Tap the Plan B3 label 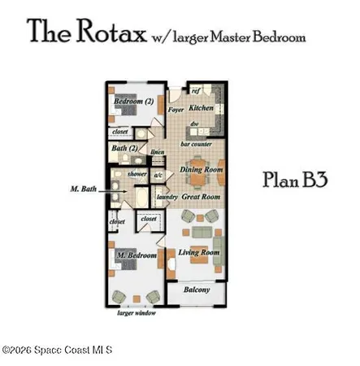296,180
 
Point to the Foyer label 176,107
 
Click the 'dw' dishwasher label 195,124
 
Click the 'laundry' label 167,196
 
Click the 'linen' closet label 158,153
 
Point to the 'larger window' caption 136,313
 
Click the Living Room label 199,253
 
